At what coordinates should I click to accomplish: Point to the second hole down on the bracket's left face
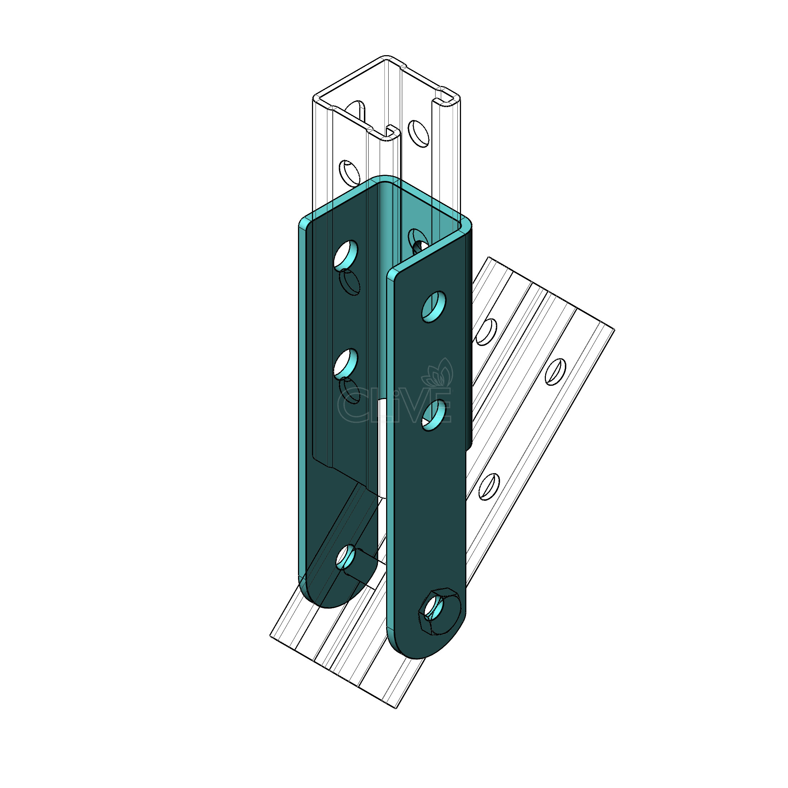point(346,362)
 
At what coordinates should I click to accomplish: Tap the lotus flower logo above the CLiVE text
point(437,373)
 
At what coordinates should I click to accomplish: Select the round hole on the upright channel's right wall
point(419,133)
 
